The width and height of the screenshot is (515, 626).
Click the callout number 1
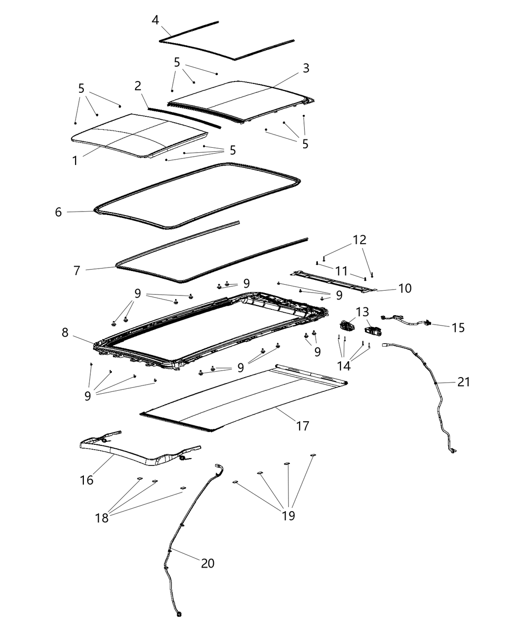point(75,161)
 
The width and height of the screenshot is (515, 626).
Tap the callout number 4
point(155,20)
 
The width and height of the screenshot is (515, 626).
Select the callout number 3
point(306,68)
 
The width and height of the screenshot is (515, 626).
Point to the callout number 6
point(58,212)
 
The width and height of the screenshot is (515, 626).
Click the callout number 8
point(65,332)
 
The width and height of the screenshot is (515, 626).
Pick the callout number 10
point(405,288)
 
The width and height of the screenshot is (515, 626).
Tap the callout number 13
point(362,312)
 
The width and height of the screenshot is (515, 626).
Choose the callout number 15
point(458,327)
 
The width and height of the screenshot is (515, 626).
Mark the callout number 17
point(303,426)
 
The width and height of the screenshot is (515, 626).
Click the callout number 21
point(463,381)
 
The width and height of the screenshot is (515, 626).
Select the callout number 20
point(207,563)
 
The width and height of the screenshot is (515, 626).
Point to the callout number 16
point(86,480)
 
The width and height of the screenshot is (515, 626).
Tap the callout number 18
point(102,517)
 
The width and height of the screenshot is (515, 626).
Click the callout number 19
point(288,516)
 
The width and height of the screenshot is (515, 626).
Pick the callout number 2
point(138,86)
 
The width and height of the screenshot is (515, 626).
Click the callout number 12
point(360,240)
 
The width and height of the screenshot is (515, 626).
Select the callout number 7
point(77,271)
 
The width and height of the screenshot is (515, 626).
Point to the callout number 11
point(341,271)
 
